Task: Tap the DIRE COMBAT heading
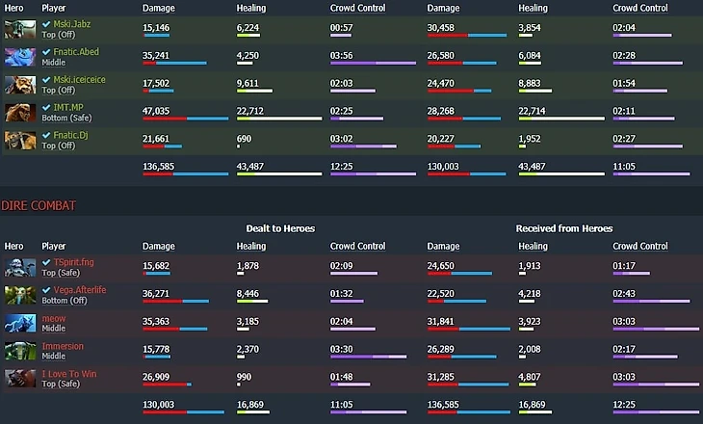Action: (x=38, y=205)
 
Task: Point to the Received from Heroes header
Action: (x=563, y=228)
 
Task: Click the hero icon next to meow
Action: (x=19, y=323)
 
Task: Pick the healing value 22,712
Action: (x=249, y=110)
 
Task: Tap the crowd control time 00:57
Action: (x=341, y=26)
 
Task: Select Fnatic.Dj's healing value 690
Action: (x=244, y=138)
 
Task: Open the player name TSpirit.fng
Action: (x=73, y=261)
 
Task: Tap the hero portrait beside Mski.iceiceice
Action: (x=19, y=84)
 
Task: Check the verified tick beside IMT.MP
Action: (x=46, y=108)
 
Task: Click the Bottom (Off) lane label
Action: (x=65, y=301)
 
